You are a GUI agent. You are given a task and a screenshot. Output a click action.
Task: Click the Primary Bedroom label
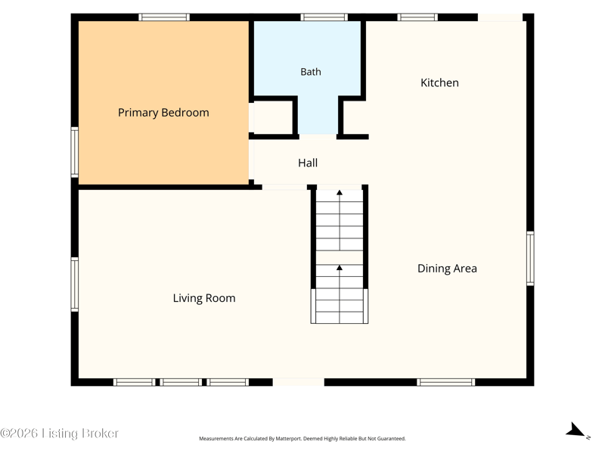point(163,113)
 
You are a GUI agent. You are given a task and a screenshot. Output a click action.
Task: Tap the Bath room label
point(311,72)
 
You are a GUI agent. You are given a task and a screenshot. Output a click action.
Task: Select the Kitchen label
point(439,82)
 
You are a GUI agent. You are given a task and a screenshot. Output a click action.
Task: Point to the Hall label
point(308,163)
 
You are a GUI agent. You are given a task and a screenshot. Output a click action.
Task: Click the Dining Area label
point(447,269)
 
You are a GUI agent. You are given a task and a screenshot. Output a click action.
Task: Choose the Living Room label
point(204,298)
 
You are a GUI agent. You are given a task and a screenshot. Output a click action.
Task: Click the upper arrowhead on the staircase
point(340,193)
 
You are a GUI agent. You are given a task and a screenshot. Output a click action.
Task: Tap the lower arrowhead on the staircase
point(340,268)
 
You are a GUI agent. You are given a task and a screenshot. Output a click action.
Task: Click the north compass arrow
point(576,430)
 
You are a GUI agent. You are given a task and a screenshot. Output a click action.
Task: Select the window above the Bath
point(324,17)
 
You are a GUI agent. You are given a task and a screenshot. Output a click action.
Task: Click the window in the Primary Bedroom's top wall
point(164,17)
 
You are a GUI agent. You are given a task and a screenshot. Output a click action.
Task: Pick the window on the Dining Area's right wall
point(531,258)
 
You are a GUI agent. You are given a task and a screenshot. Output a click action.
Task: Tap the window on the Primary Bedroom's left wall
point(74,152)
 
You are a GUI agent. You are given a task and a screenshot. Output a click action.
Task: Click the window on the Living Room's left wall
point(74,285)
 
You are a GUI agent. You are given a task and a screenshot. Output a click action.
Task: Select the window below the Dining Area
point(446,382)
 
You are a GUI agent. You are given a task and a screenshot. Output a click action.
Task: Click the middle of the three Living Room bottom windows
point(181,382)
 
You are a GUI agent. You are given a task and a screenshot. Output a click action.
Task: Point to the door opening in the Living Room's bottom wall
point(298,382)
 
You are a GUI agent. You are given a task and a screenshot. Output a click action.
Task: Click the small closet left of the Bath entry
point(273,117)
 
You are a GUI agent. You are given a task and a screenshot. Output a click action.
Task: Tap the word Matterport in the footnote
point(287,439)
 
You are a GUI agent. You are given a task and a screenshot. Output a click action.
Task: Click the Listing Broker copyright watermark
point(60,433)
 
